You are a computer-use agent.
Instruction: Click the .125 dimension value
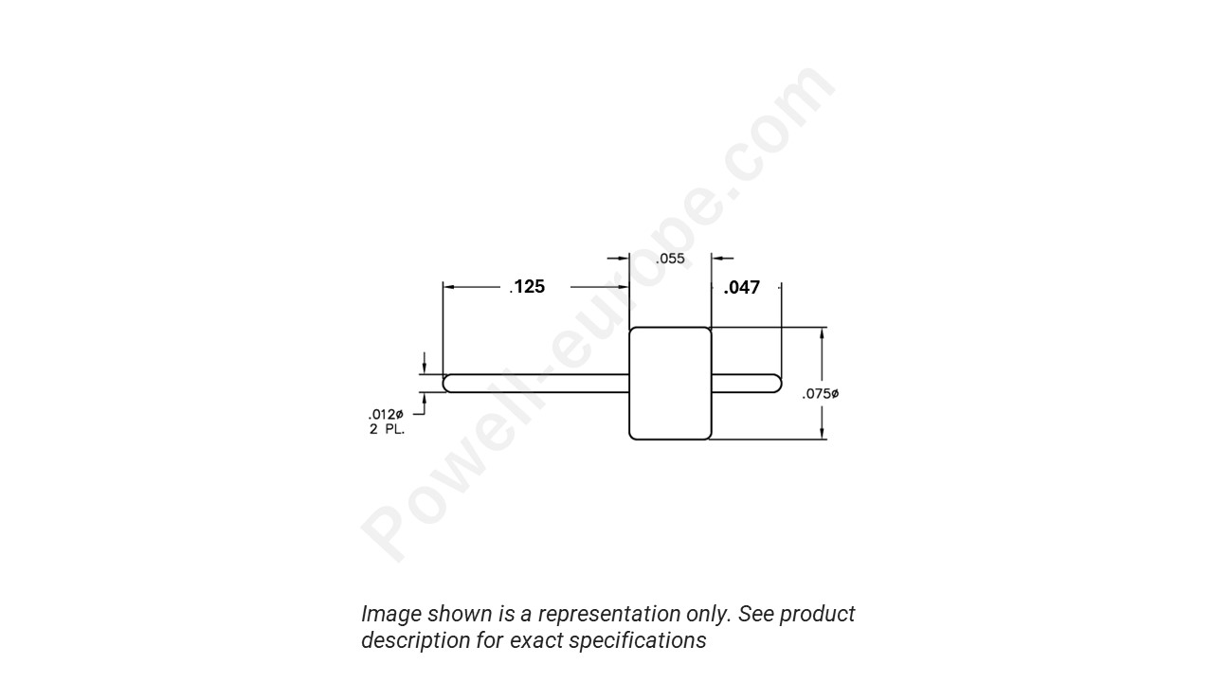(528, 287)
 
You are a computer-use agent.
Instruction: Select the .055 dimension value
(670, 259)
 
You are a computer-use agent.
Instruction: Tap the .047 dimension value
(742, 288)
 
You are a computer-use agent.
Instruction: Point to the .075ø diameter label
(821, 394)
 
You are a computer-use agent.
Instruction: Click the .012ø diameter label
(386, 415)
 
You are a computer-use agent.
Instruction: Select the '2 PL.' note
(387, 430)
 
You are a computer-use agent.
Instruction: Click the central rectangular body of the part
(670, 384)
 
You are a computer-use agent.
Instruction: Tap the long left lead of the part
(536, 384)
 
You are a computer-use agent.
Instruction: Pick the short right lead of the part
(744, 384)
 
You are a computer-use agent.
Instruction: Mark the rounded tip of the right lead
(776, 384)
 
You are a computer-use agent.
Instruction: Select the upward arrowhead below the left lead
(425, 400)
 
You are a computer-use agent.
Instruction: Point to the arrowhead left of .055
(624, 258)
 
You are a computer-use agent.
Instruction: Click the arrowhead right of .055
(717, 258)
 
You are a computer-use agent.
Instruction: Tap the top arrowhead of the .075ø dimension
(823, 333)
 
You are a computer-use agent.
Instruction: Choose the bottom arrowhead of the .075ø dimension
(823, 433)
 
